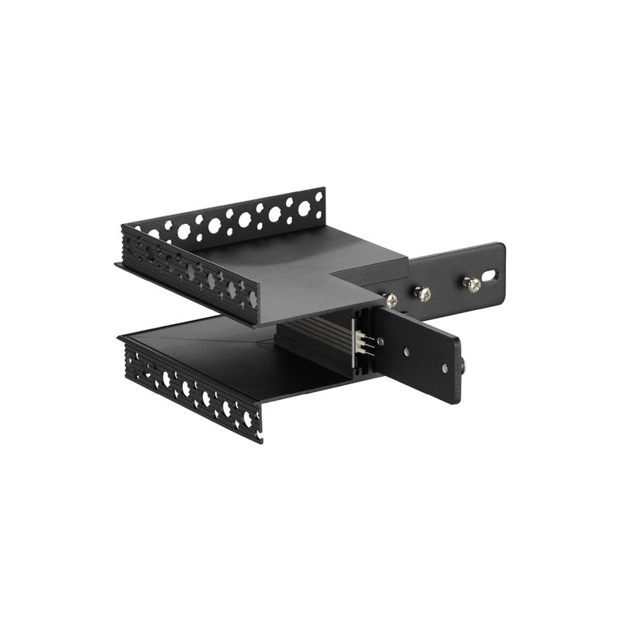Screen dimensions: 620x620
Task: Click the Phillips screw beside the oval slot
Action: [472, 284]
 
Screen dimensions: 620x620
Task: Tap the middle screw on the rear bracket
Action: [422, 294]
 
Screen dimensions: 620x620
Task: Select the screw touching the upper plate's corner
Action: [391, 300]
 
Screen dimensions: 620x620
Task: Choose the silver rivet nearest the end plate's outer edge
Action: [445, 369]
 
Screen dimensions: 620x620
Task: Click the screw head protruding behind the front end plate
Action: [463, 363]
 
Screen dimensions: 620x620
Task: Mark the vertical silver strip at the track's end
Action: [353, 342]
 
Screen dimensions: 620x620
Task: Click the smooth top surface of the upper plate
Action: [310, 267]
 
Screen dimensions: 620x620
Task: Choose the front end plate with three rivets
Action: [418, 353]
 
